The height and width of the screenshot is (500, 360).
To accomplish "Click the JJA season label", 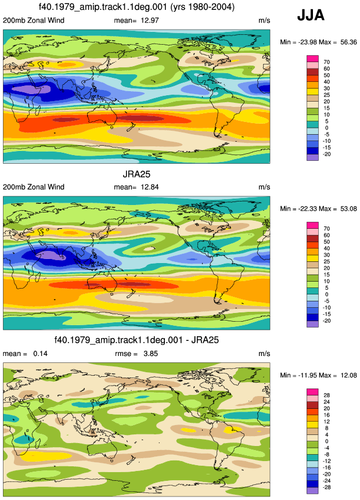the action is (x=311, y=15).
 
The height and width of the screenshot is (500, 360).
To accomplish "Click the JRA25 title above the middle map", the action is (x=136, y=174).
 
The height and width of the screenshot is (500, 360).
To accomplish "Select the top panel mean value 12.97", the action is (x=150, y=20).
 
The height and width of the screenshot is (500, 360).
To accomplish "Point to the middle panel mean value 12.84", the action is (x=150, y=187).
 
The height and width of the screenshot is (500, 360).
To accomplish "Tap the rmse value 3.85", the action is (x=150, y=354).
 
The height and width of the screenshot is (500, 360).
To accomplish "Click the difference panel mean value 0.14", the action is (x=40, y=354).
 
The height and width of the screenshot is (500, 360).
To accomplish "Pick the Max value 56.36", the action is (x=348, y=42).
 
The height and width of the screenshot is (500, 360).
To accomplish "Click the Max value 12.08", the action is (x=348, y=375).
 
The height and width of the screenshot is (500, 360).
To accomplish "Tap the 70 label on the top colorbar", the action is (x=326, y=62).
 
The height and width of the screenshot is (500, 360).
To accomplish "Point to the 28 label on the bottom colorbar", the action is (x=326, y=395).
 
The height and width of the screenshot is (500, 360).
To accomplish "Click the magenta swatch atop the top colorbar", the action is (x=312, y=59).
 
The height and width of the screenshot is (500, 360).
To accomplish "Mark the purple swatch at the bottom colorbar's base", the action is (x=312, y=491).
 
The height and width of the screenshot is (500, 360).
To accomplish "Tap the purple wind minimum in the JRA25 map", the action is (x=50, y=256).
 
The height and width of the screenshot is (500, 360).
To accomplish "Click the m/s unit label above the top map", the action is (x=264, y=20).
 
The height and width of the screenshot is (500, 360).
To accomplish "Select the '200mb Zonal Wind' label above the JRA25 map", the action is (x=34, y=187).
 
